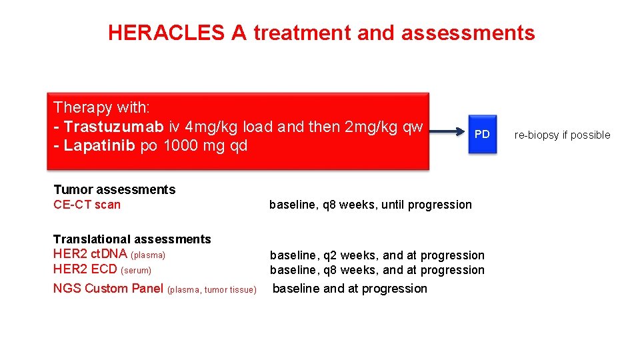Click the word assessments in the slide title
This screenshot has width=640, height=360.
(x=479, y=33)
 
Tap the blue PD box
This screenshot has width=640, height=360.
(x=482, y=135)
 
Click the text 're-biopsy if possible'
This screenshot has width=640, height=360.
(x=562, y=135)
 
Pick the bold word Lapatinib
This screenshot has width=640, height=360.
(x=99, y=145)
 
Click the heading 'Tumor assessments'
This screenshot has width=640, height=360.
(x=114, y=190)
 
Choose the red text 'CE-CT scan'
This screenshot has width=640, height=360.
(x=87, y=205)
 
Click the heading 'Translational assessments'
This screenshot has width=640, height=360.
(x=132, y=239)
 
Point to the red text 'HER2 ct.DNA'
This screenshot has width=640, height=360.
(x=90, y=254)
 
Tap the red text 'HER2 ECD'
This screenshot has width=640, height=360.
(x=85, y=269)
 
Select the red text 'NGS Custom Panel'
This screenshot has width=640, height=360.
(x=108, y=289)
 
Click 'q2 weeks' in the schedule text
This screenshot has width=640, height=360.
(x=345, y=255)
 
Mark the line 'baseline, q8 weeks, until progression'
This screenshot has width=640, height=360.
(x=370, y=205)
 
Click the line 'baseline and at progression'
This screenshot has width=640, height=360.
(x=350, y=289)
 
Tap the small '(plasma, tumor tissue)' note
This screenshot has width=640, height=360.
(x=212, y=289)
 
